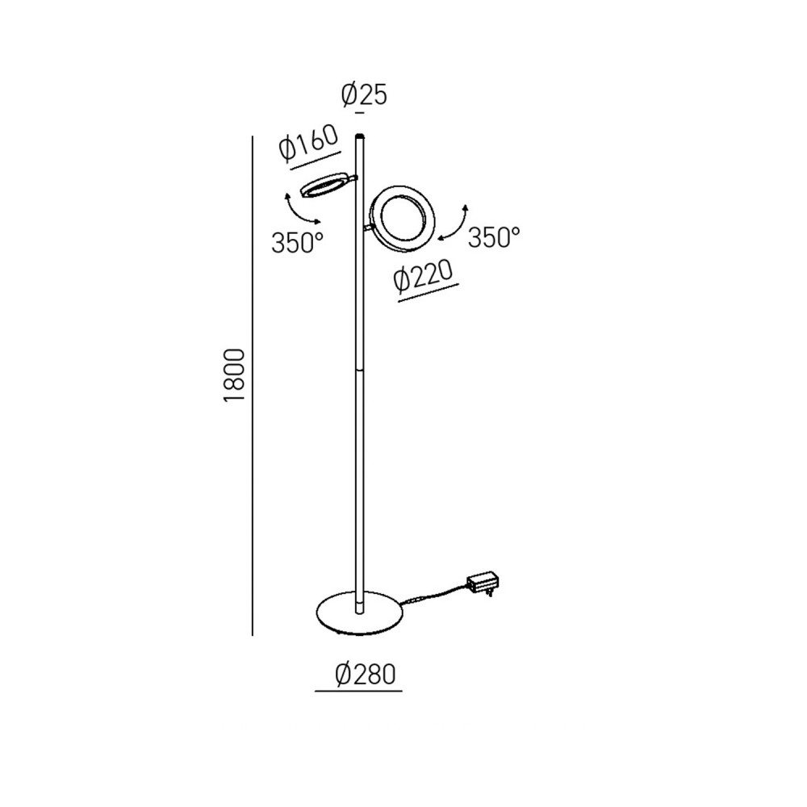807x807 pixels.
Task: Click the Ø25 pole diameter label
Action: click(364, 95)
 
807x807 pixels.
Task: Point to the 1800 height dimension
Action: click(234, 376)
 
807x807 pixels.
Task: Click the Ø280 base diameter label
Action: click(365, 674)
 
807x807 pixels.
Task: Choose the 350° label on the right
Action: click(494, 237)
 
